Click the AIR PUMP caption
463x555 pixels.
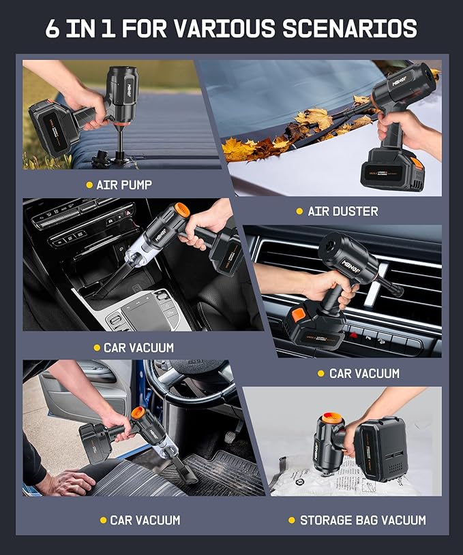[123, 185]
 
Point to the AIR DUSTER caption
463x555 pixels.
[342, 211]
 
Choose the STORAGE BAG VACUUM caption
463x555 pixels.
[363, 520]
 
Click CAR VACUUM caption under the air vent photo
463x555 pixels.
[364, 373]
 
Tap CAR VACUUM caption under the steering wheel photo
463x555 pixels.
[145, 520]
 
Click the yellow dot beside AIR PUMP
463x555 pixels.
[89, 185]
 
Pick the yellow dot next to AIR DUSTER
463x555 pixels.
[299, 211]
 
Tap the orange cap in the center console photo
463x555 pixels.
[182, 210]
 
